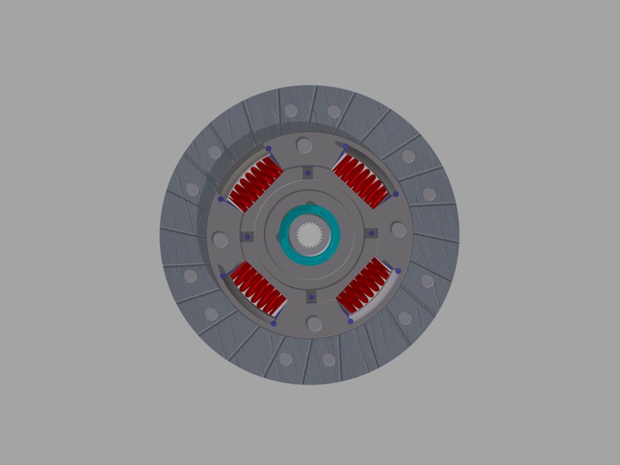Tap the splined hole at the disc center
(309, 234)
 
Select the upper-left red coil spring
(256, 184)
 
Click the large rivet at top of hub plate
(304, 146)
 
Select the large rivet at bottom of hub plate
(314, 324)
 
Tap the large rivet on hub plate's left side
(220, 240)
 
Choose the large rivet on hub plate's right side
(398, 230)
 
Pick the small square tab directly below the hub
(311, 297)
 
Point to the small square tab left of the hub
(247, 237)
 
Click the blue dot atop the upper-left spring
(268, 149)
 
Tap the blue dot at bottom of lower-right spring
(350, 321)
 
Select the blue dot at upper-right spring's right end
(396, 194)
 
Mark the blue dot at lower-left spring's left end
(223, 276)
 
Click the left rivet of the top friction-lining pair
(291, 110)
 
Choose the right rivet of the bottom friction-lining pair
(329, 360)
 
